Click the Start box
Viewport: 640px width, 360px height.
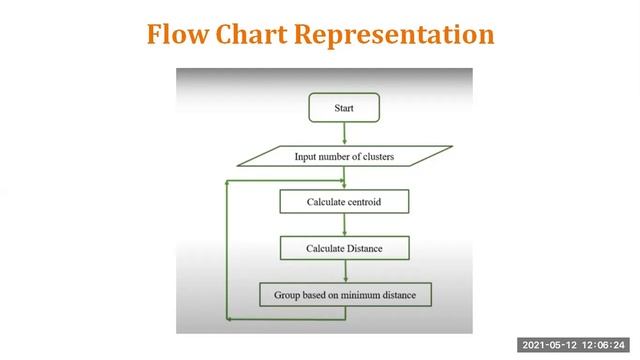tap(344, 105)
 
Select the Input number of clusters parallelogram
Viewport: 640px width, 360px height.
tap(344, 156)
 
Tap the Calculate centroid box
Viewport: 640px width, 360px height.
tap(344, 202)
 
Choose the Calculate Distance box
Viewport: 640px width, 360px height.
tap(344, 248)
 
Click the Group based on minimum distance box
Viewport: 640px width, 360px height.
tap(344, 295)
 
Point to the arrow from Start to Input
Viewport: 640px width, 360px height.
tap(344, 133)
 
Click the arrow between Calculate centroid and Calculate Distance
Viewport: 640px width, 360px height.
tap(344, 225)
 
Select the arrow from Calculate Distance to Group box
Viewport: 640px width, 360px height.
tap(344, 271)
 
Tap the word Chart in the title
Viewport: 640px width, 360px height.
tap(254, 34)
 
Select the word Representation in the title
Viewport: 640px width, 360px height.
tap(394, 34)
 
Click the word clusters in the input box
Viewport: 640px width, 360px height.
tap(375, 156)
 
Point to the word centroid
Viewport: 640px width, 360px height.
tap(362, 202)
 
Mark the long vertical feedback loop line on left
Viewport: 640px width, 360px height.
tap(229, 250)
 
